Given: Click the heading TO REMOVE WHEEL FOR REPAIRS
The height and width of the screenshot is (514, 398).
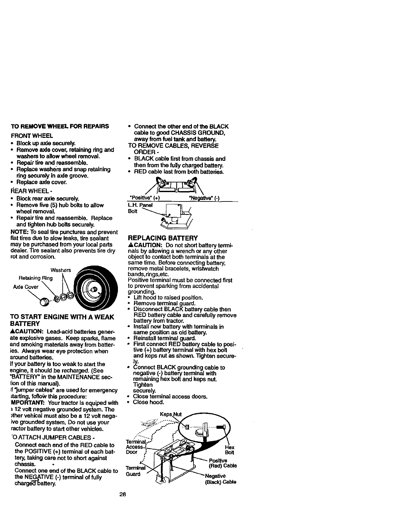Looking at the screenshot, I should [60, 126].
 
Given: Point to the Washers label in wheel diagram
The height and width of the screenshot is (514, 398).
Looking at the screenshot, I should [61, 270].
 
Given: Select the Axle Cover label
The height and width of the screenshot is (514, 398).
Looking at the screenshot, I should [26, 287].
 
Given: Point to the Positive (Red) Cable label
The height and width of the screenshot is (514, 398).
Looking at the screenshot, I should [223, 463].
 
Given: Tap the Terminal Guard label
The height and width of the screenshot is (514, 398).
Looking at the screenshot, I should [133, 471].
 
